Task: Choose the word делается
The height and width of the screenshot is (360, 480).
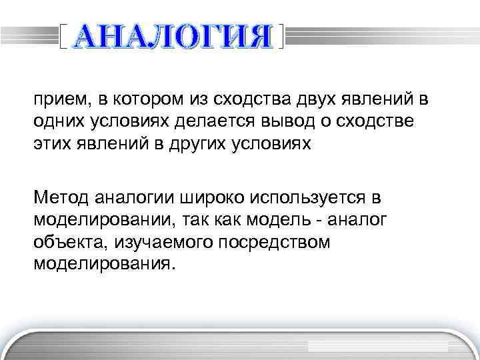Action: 211,122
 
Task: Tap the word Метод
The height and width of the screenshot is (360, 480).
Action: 58,197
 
